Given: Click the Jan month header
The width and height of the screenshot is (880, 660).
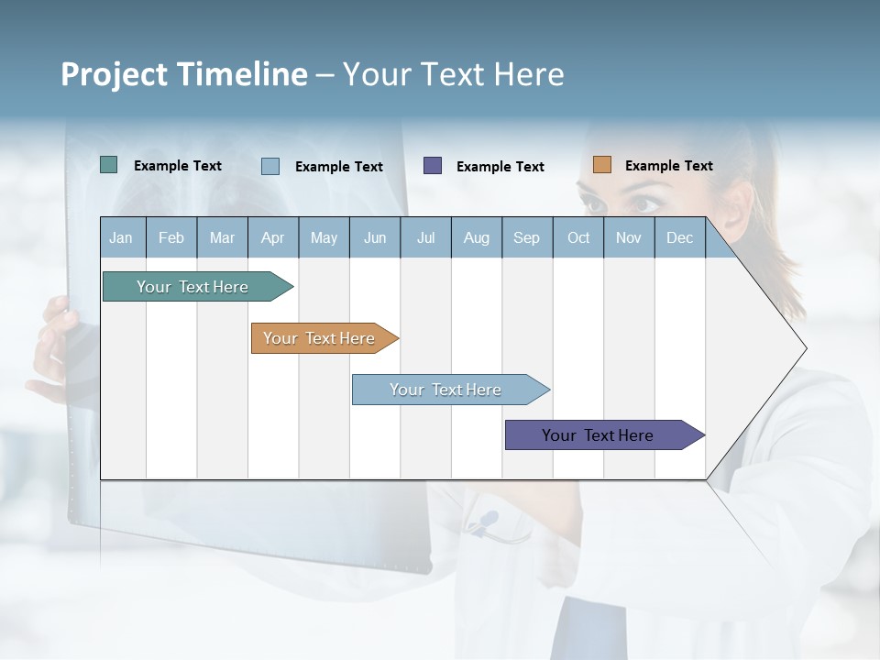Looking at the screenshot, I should tap(122, 237).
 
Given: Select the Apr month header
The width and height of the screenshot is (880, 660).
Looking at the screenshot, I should tap(273, 237).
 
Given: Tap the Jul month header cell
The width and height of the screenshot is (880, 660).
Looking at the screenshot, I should tap(425, 237).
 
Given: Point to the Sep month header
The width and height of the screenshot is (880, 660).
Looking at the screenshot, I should tap(526, 237).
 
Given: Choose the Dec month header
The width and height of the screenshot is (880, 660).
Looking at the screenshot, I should tap(679, 237).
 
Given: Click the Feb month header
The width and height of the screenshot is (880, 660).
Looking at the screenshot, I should tap(171, 237).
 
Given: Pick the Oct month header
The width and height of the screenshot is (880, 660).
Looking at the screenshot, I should tap(578, 237).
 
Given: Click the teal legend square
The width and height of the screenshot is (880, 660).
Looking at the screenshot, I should tap(108, 165).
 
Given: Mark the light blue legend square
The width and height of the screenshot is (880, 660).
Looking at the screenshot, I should tap(270, 166).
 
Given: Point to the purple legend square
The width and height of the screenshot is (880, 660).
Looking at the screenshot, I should tap(433, 165).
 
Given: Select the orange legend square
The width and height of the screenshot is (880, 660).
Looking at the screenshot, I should tap(601, 165).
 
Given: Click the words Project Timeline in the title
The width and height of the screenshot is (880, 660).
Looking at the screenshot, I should tap(183, 74).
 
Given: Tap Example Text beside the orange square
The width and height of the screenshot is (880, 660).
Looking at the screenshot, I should tap(668, 166).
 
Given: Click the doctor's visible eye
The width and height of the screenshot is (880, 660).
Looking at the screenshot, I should tap(645, 203).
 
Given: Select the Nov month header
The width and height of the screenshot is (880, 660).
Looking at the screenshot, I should tap(629, 237).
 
